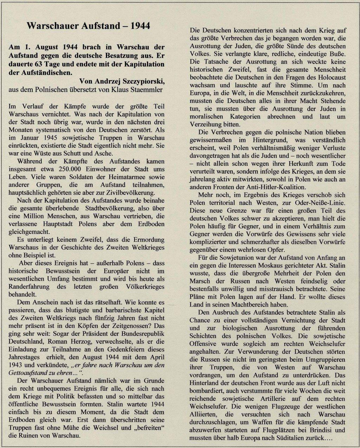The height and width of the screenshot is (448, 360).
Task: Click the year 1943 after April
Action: (x=17, y=357)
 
